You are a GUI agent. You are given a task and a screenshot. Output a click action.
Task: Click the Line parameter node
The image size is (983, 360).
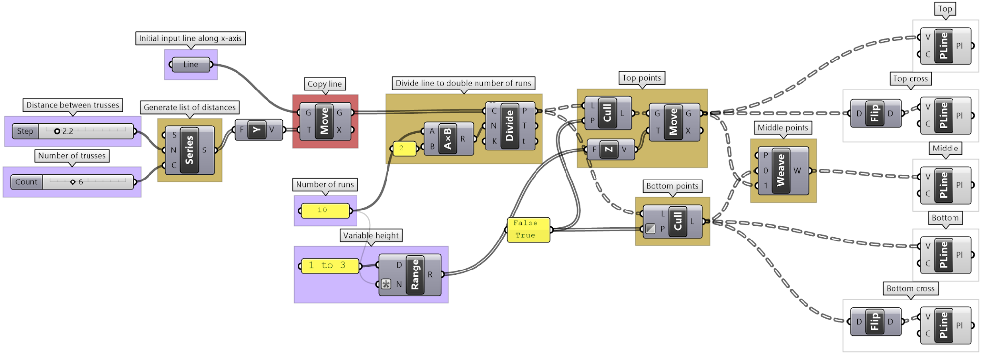click(191, 64)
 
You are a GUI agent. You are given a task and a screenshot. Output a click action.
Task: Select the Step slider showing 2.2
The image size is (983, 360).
click(73, 131)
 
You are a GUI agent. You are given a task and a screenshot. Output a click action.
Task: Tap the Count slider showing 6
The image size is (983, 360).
click(72, 182)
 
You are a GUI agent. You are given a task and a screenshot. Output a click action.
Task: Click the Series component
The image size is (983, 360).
click(189, 150)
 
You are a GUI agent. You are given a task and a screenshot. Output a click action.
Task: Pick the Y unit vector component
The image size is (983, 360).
click(256, 130)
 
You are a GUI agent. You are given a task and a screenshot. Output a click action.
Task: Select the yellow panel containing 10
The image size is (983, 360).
click(325, 210)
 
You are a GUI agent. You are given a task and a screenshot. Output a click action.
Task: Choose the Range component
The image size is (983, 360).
click(415, 274)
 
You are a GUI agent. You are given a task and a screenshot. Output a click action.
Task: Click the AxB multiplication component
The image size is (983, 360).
click(447, 139)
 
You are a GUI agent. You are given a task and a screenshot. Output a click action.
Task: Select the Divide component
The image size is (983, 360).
click(509, 126)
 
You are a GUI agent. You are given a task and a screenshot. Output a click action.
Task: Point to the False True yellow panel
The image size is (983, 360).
click(529, 230)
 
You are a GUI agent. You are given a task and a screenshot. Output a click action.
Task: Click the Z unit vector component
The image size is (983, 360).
click(609, 150)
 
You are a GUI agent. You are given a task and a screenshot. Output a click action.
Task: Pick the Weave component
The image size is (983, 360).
click(781, 171)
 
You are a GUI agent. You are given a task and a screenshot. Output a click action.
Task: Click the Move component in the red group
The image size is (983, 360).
click(324, 121)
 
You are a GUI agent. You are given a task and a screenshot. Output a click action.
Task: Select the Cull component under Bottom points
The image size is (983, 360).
click(678, 221)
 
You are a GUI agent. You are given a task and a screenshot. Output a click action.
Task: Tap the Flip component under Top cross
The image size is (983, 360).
click(875, 114)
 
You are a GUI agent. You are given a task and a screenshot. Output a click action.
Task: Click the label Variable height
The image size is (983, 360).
click(371, 236)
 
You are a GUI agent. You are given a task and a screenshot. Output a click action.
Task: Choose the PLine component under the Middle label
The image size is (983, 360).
click(943, 185)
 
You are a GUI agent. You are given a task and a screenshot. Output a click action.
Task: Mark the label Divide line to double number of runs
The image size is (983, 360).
click(463, 83)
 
